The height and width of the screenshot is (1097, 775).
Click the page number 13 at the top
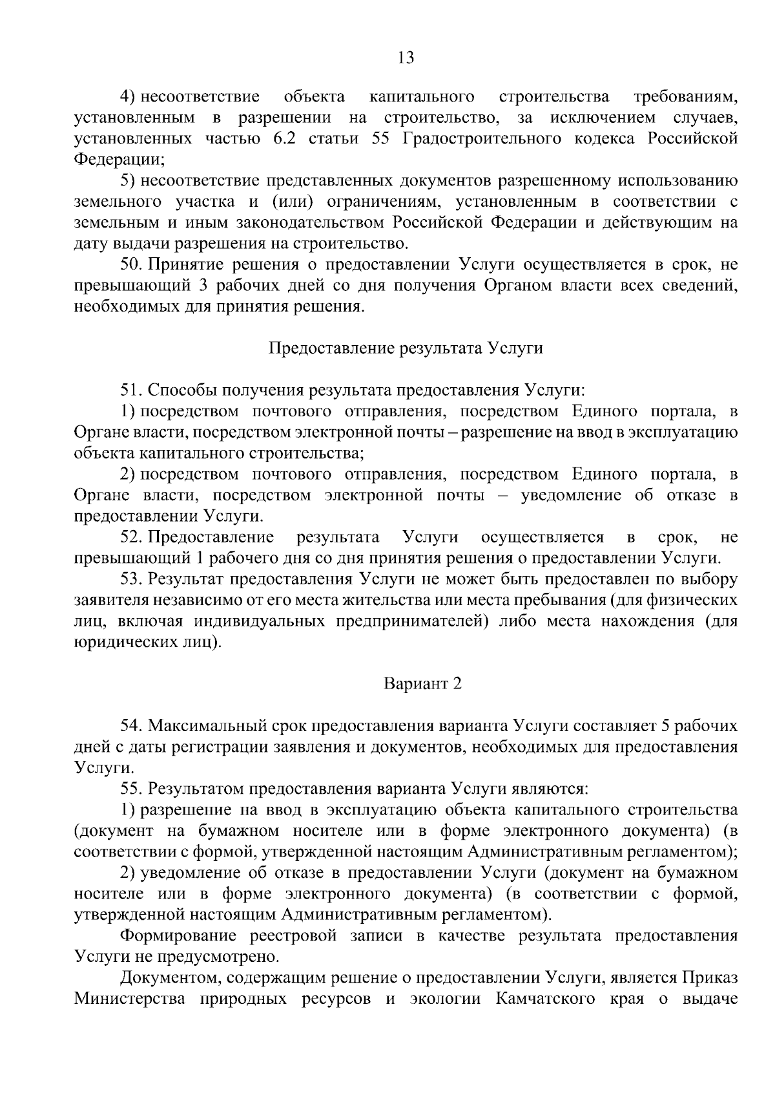[x=406, y=58]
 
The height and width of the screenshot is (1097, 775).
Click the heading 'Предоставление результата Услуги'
[x=406, y=348]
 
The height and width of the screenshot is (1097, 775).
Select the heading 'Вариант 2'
[x=423, y=684]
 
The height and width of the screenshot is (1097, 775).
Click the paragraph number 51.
[x=130, y=390]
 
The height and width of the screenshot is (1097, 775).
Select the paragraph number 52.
[x=130, y=537]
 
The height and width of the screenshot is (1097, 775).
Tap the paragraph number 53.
[x=130, y=579]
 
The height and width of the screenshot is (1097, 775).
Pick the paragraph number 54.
[x=130, y=726]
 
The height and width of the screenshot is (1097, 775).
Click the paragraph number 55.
[x=130, y=789]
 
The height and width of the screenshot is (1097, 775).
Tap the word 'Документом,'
[x=169, y=978]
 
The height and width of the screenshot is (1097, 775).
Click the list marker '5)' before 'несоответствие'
[x=128, y=181]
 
